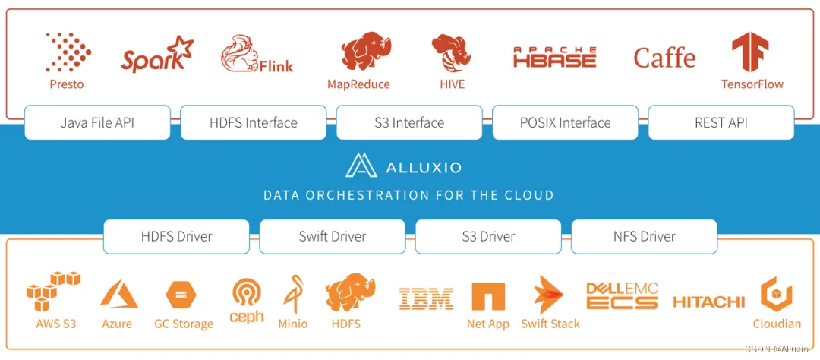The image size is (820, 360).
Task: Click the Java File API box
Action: click(97, 122)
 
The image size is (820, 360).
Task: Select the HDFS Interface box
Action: click(254, 122)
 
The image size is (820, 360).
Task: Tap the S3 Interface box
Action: click(409, 122)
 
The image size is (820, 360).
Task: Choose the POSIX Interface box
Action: click(565, 122)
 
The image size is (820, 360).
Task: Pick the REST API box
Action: click(721, 122)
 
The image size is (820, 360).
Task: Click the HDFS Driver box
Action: click(176, 236)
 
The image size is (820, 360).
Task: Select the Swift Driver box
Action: click(332, 236)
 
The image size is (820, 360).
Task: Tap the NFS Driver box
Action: click(644, 236)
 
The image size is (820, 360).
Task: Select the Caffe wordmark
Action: click(664, 58)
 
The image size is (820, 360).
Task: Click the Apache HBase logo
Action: click(555, 58)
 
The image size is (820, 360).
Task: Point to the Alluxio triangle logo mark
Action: click(360, 165)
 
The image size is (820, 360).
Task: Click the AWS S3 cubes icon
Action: click(53, 292)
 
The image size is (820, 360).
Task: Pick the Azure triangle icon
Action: click(118, 295)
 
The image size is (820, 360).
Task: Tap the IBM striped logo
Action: click(425, 298)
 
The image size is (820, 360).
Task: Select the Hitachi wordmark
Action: click(708, 302)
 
